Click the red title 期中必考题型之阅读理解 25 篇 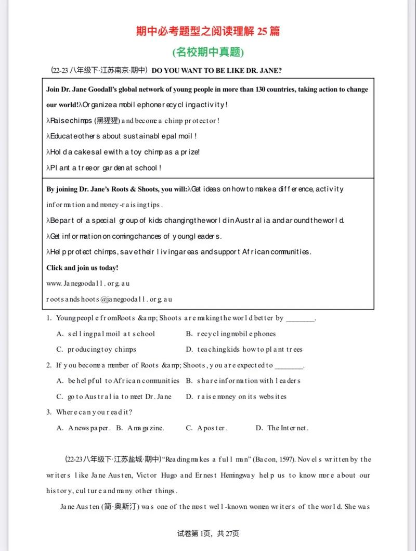(x=208, y=31)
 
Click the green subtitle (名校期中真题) (x=208, y=52)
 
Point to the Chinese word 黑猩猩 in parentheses (x=107, y=121)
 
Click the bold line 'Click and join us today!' (x=82, y=268)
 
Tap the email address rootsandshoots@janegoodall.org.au (x=109, y=299)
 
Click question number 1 (x=48, y=318)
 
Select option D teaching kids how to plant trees (x=244, y=350)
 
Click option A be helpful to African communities (x=118, y=381)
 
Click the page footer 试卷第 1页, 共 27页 (x=208, y=533)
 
